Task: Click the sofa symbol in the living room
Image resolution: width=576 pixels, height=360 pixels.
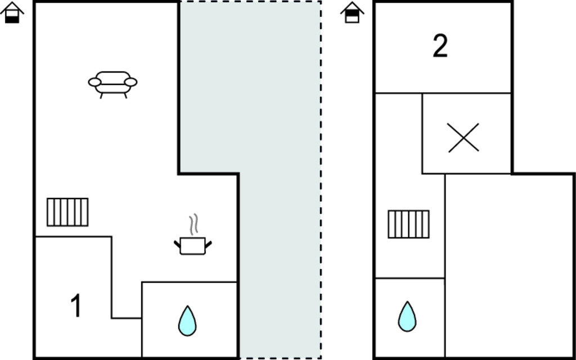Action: pos(112,83)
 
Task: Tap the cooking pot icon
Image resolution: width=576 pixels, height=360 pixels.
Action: pos(193,245)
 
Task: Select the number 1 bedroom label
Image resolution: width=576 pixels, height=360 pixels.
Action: pos(76,307)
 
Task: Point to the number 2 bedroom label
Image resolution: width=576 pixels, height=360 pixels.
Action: pos(440,46)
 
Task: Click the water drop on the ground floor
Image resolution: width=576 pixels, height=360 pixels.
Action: pos(187,321)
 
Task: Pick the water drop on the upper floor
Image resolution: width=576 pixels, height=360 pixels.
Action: pos(407,316)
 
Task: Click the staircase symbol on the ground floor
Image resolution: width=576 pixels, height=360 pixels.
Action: pos(67,212)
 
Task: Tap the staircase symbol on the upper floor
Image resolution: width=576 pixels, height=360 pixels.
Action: pos(408,224)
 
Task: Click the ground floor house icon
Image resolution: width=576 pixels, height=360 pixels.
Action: pos(12,12)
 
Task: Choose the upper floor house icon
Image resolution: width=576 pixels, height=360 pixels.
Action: pos(352,12)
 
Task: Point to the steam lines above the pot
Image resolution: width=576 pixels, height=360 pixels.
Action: pos(194,224)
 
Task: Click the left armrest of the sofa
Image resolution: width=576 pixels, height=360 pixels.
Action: pos(94,83)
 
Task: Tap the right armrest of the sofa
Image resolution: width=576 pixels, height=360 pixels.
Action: pos(130,82)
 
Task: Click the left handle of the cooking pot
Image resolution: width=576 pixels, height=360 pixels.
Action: pos(177,243)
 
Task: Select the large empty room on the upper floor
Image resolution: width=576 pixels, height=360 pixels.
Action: pos(509,264)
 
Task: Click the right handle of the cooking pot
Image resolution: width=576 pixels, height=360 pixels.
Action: pos(209,243)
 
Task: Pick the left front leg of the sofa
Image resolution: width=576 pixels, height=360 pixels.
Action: pos(102,96)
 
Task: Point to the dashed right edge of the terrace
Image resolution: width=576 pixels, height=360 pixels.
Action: pos(321,180)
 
